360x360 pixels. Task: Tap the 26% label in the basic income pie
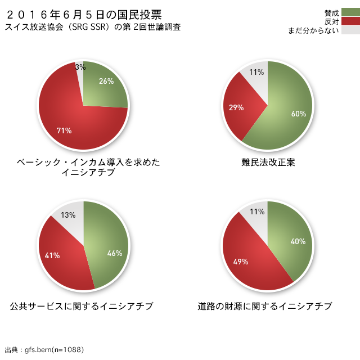pos(106,81)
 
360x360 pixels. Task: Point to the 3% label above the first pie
pos(80,67)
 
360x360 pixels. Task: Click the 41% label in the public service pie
pos(52,255)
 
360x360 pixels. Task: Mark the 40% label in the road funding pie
pos(298,241)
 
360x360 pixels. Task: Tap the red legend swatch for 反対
pos(350,21)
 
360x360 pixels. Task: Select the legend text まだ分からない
pos(313,30)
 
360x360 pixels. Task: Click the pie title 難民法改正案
pos(268,163)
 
